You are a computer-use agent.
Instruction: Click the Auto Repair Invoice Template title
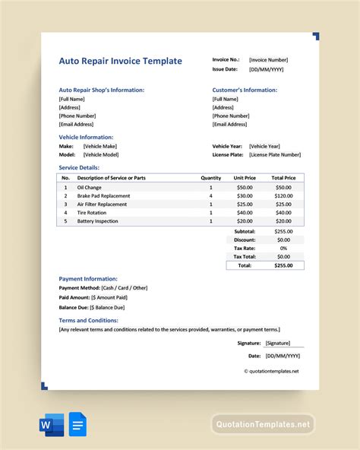click(x=120, y=61)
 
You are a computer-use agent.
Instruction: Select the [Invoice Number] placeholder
click(x=268, y=59)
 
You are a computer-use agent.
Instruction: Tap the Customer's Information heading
click(x=245, y=90)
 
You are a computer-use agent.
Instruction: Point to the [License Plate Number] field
click(x=275, y=154)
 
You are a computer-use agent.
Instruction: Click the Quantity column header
click(x=210, y=177)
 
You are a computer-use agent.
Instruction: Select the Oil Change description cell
click(x=89, y=187)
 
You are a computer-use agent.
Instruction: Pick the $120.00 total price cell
click(x=283, y=195)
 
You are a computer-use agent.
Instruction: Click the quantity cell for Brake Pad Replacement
click(x=210, y=195)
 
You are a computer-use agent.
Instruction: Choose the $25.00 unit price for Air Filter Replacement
click(x=245, y=204)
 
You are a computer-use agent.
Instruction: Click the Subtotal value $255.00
click(x=283, y=231)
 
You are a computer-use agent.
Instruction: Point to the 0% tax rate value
click(x=283, y=248)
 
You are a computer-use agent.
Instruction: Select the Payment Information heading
click(x=88, y=279)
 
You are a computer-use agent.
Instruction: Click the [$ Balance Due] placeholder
click(x=107, y=307)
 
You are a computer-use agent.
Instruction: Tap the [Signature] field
click(x=282, y=343)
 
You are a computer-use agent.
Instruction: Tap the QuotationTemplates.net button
click(x=262, y=424)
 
